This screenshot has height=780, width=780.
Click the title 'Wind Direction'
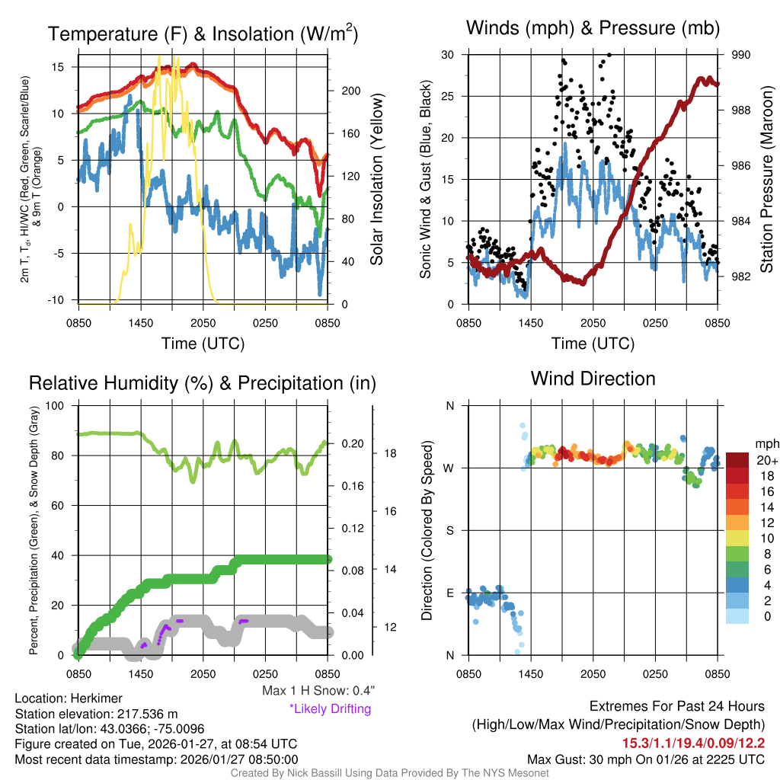pos(593,379)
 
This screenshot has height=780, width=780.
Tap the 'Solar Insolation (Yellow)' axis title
pos(376,180)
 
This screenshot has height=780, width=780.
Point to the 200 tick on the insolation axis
pos(350,91)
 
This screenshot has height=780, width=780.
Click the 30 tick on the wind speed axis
pos(448,55)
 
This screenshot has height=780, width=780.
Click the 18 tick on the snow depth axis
pos(389,453)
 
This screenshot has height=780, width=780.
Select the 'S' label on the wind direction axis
pos(449,530)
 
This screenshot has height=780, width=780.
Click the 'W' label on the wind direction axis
pos(449,468)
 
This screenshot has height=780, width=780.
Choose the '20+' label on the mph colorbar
pos(766,461)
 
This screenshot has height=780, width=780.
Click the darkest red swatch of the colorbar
pos(737,460)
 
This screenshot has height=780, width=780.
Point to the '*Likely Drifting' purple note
pos(330,708)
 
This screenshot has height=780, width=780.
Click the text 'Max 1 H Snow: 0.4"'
pos(317,691)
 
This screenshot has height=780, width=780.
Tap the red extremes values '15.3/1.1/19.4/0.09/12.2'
pos(694,743)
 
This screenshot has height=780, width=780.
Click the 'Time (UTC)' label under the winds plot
pos(593,344)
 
